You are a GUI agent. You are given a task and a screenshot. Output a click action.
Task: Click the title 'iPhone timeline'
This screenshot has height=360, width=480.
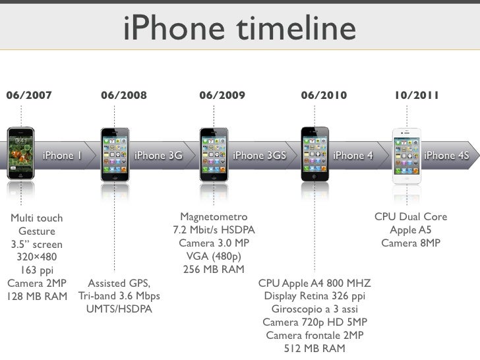[239, 30]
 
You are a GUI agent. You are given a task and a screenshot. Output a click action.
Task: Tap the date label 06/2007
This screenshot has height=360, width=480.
[29, 96]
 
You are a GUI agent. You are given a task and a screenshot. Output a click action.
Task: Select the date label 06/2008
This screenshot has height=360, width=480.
[124, 96]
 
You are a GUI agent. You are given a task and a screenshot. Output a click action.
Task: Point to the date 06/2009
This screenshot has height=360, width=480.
[222, 96]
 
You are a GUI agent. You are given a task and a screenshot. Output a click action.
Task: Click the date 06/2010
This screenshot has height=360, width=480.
[323, 96]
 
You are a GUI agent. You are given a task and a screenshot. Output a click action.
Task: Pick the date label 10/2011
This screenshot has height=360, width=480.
[417, 96]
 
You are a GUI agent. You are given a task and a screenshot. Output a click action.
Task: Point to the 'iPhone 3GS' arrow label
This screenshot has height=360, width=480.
[260, 156]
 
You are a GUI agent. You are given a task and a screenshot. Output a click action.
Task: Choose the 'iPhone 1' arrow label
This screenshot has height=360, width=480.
[62, 156]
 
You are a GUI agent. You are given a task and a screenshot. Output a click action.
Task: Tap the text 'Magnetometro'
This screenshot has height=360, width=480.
[214, 217]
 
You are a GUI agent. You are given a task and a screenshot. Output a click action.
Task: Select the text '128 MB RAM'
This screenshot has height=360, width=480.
[37, 296]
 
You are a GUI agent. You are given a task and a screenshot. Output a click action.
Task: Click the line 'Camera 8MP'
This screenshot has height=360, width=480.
[411, 243]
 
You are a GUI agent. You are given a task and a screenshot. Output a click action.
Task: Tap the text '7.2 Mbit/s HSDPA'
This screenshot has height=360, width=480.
[214, 230]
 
